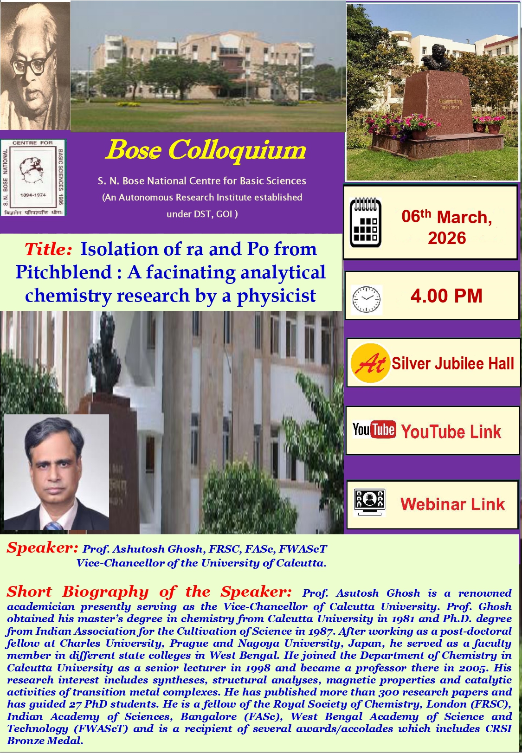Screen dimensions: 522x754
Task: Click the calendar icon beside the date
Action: tap(365, 223)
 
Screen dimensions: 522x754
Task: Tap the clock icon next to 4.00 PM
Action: tap(366, 300)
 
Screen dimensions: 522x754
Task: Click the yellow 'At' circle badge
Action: tap(370, 363)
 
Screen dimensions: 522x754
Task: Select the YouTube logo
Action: tap(374, 429)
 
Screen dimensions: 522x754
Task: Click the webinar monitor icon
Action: tap(369, 502)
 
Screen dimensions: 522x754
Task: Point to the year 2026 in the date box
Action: tap(447, 238)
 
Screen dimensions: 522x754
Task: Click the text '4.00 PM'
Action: tap(446, 296)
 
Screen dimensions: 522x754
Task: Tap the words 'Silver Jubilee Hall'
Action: tap(453, 363)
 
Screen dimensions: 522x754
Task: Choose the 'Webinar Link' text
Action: tap(452, 504)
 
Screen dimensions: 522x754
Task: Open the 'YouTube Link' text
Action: tap(451, 432)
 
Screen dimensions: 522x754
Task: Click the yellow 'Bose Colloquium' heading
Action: tap(206, 150)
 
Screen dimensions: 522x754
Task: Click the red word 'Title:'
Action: tap(48, 250)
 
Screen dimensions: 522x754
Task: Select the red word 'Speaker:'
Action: tap(43, 548)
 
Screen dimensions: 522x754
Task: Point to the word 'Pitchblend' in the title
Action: tap(64, 272)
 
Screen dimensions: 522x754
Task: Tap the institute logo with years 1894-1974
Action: tap(33, 177)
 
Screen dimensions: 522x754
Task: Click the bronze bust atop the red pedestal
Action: tap(436, 57)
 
